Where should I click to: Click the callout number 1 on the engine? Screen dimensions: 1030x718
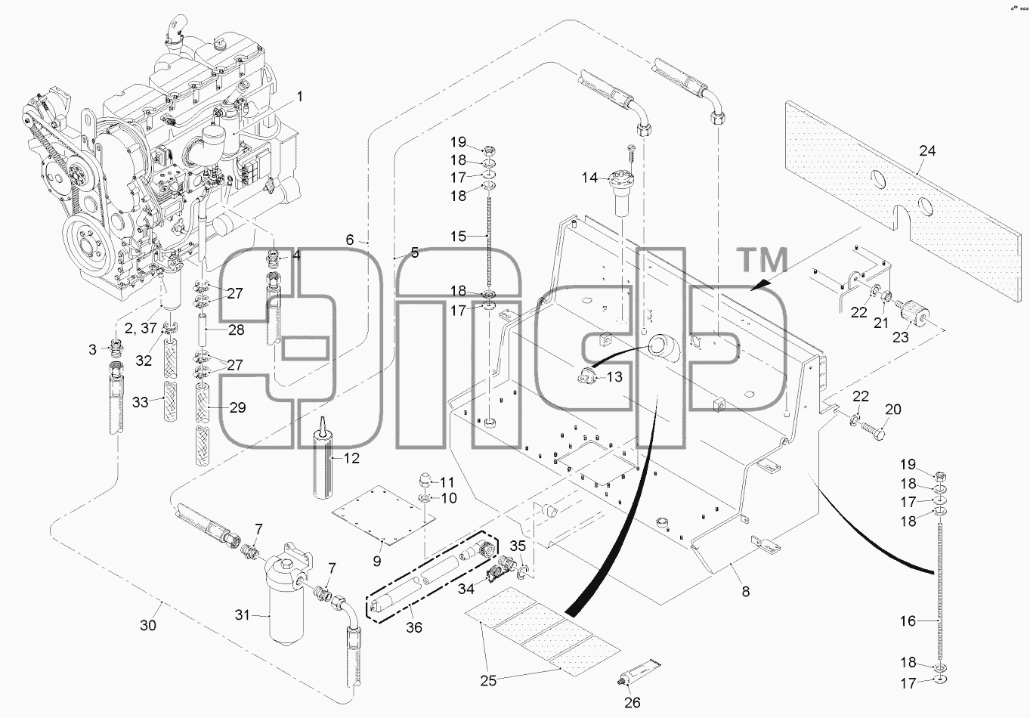point(300,97)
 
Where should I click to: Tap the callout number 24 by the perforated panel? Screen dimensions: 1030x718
point(927,150)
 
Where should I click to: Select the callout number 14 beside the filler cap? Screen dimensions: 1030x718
point(590,178)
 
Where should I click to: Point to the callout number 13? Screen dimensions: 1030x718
point(614,377)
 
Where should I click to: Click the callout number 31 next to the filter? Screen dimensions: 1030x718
point(243,615)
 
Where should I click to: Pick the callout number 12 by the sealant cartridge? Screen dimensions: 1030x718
point(351,458)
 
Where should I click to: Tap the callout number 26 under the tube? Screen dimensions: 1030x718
point(633,702)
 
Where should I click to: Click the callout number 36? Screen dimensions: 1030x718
point(414,627)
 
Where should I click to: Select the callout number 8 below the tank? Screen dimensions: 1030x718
point(746,592)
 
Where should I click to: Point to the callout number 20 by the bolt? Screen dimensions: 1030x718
point(893,409)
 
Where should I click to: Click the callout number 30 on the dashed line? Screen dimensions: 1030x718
point(148,625)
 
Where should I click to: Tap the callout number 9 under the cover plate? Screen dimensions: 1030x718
point(377,561)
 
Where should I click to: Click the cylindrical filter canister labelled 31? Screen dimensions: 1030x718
point(286,603)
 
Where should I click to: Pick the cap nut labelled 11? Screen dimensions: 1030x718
point(423,482)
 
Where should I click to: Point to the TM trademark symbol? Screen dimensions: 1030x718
point(762,260)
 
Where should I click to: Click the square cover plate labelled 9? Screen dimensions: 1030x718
point(383,515)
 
